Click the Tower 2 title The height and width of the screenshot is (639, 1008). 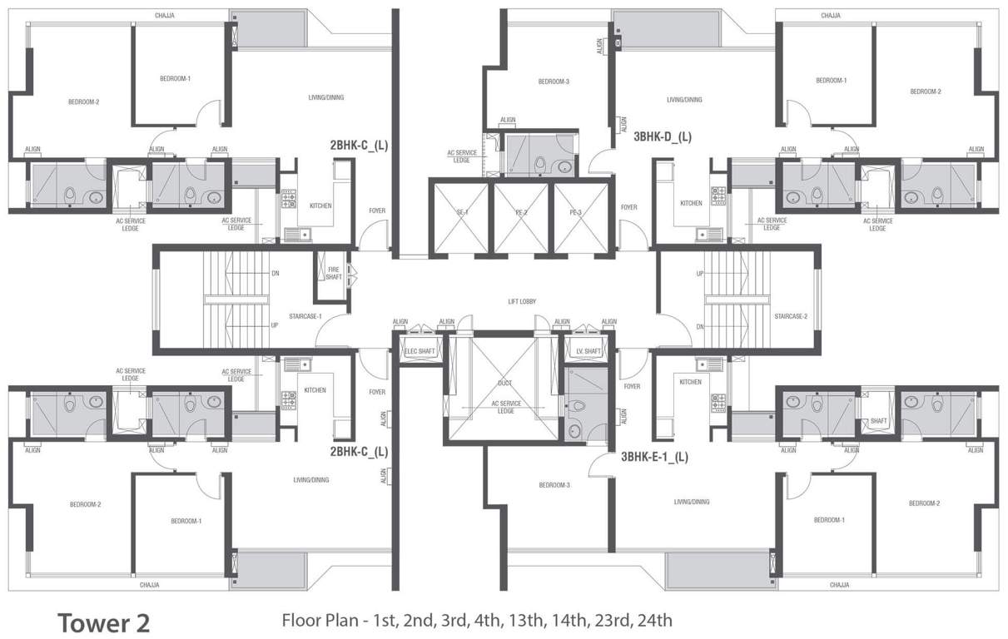coord(103,622)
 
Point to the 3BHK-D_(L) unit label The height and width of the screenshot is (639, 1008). coord(663,136)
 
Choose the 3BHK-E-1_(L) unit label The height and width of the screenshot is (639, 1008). coord(654,456)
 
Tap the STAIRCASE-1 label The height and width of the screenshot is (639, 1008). coord(305,316)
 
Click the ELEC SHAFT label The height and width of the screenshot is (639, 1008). coord(420,351)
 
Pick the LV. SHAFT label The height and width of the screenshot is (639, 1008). coord(588,351)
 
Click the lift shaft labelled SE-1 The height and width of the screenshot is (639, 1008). coord(459,213)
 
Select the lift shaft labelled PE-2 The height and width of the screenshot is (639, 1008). coord(520,213)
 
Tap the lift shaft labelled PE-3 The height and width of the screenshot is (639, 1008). coord(575,213)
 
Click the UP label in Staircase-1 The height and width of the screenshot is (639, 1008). coord(275,325)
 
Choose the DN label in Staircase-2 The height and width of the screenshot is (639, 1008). coord(700,327)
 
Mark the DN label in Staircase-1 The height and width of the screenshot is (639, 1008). coord(275,273)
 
